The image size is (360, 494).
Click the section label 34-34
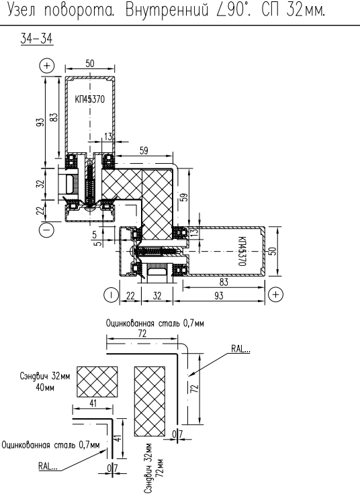(37, 39)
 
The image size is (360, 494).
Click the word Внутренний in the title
(167, 10)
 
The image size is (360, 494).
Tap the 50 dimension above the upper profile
(90, 64)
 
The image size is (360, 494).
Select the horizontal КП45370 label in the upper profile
(90, 99)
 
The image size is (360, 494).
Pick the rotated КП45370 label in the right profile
(242, 251)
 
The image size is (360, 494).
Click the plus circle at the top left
(47, 66)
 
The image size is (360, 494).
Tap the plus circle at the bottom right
(275, 295)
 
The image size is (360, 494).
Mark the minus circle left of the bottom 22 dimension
(111, 295)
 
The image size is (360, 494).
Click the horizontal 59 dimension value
(144, 150)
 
